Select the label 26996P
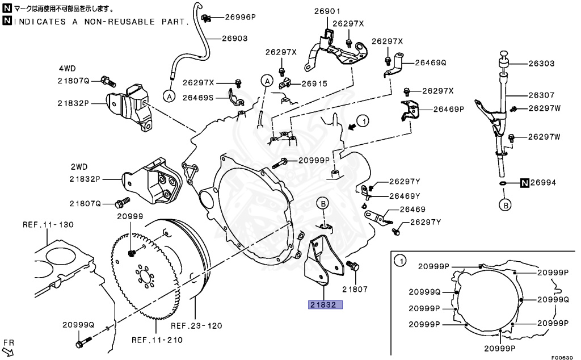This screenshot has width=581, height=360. click(x=240, y=17)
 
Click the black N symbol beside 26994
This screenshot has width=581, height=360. click(x=525, y=183)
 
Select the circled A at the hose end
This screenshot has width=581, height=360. click(x=169, y=97)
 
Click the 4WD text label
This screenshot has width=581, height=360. click(x=66, y=68)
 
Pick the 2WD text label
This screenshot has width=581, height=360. click(x=79, y=168)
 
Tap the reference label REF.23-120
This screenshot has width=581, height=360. click(x=196, y=326)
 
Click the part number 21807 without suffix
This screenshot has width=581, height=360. click(x=355, y=289)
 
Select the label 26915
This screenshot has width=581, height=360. click(x=314, y=83)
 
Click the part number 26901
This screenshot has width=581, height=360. click(x=327, y=11)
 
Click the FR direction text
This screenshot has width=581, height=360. click(x=8, y=343)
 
